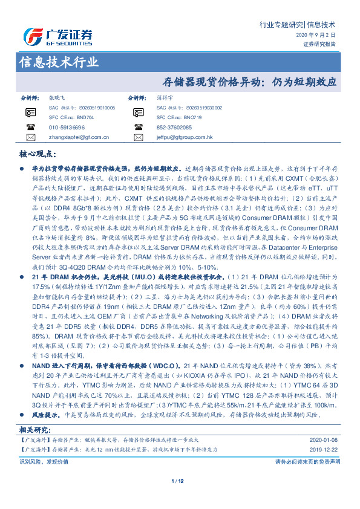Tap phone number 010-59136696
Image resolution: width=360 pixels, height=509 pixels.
(x=67, y=128)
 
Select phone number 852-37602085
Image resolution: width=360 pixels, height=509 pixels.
(x=174, y=128)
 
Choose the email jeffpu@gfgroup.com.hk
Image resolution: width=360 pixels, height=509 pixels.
(x=184, y=137)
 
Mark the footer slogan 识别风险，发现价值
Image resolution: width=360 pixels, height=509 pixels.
(x=39, y=461)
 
